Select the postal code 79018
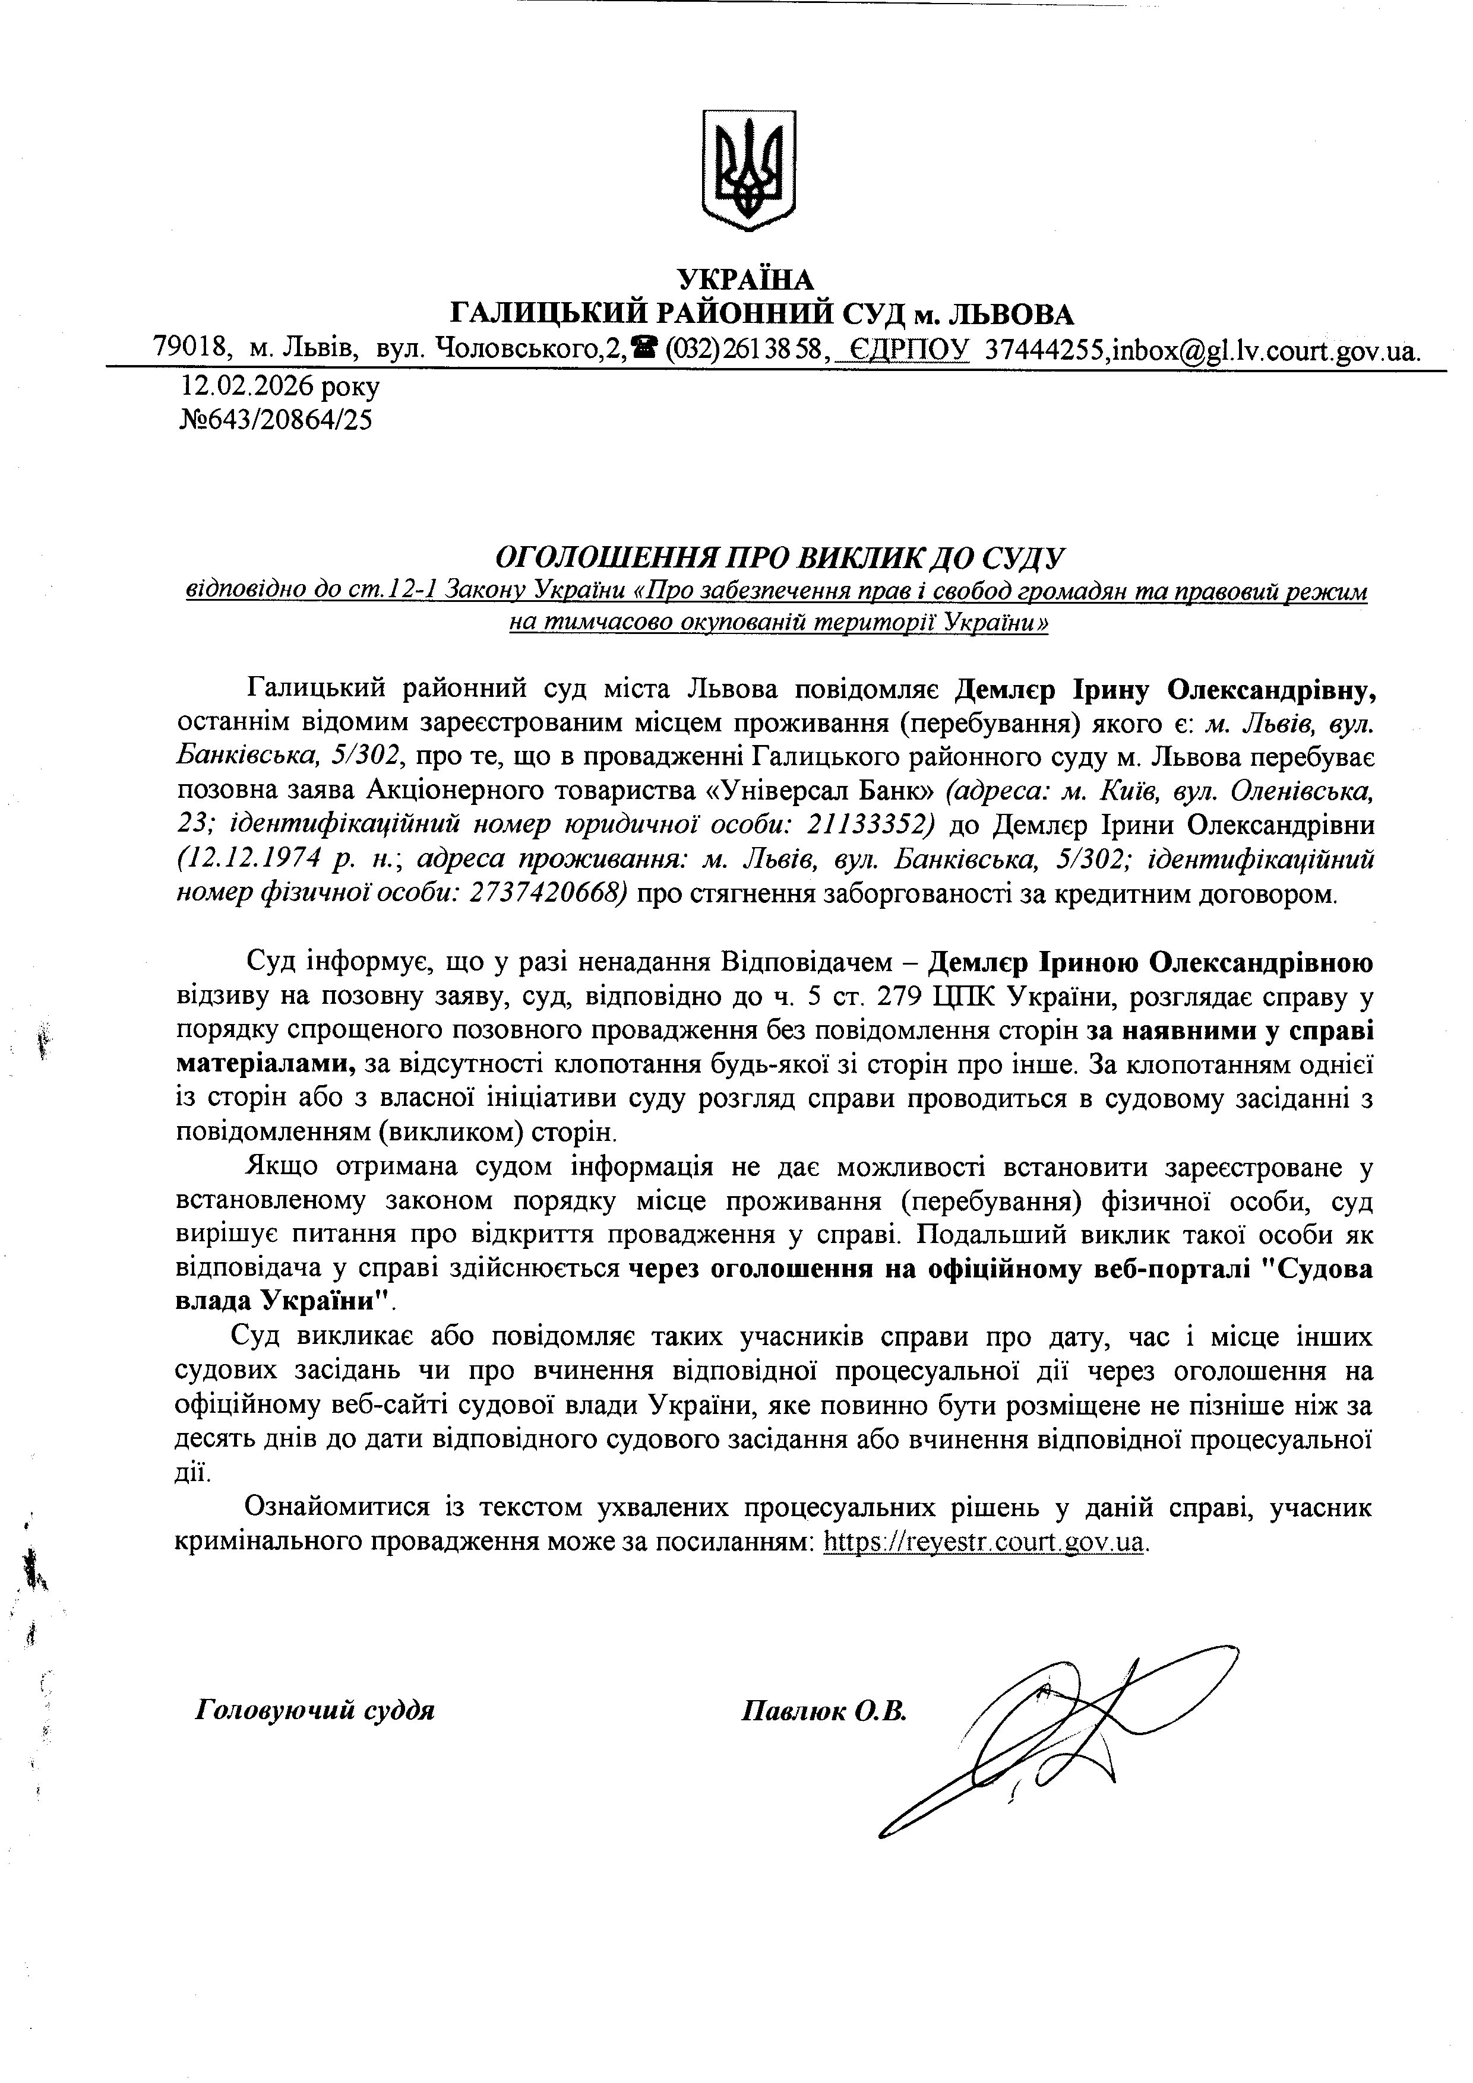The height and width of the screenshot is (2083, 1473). click(x=189, y=347)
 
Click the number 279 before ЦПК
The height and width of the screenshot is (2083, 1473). click(x=903, y=996)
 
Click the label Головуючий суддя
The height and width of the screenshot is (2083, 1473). click(x=315, y=1710)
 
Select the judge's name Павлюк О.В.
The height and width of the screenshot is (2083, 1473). click(x=824, y=1711)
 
